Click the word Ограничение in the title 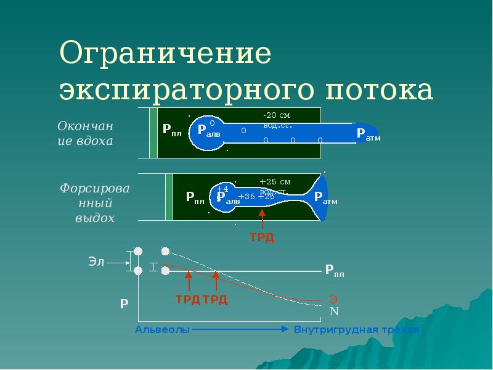coord(165,54)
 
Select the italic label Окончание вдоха coord(86,133)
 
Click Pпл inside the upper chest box coord(172,129)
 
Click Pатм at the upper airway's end coord(369,135)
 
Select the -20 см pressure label coord(276,115)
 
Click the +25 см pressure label coord(274,182)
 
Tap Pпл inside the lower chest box coord(195,197)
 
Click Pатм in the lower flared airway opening coord(325,198)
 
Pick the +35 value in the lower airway coord(246,197)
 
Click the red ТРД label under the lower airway coord(261,237)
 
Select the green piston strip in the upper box coord(153,132)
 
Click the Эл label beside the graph coord(96,261)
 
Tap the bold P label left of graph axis coord(124,303)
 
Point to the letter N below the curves coord(334,310)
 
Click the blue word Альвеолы coord(162,329)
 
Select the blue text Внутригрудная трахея coord(356,329)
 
